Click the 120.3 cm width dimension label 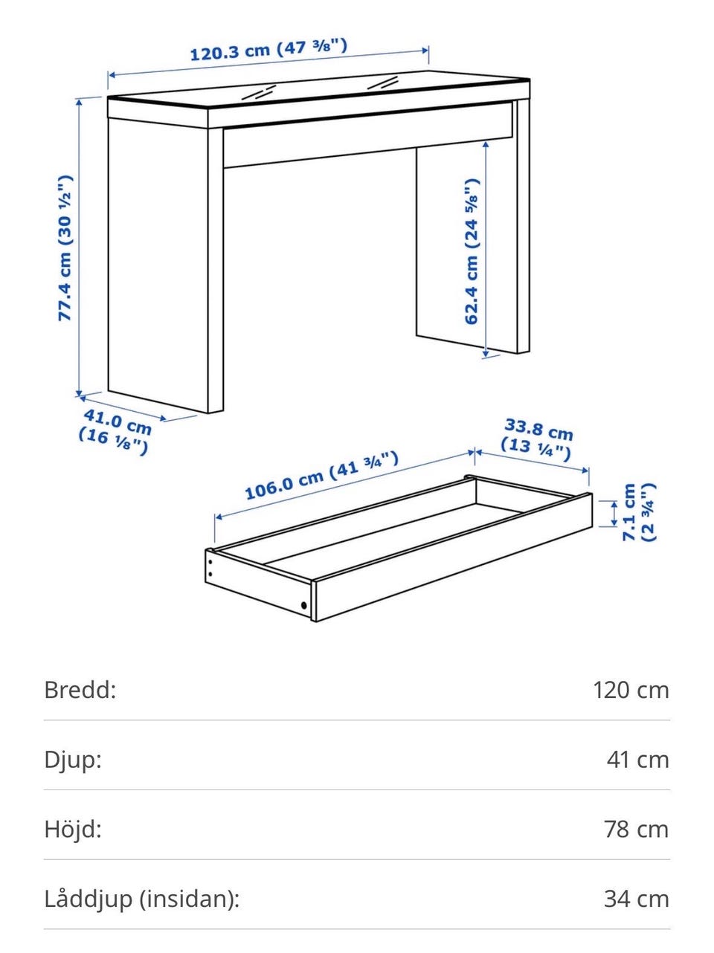tap(268, 50)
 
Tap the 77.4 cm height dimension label tap(65, 248)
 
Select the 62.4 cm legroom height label tap(472, 251)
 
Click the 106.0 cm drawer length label tap(321, 475)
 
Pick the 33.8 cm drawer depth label tap(536, 439)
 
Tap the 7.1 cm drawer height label tap(638, 512)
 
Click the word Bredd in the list tap(80, 690)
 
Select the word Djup tap(73, 760)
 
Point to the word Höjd tap(73, 829)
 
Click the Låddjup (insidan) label tap(142, 899)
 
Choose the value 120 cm tap(631, 691)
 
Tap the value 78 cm tap(636, 830)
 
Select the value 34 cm tap(636, 899)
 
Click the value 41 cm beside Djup tap(637, 760)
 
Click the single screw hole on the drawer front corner tap(303, 605)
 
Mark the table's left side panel tap(158, 265)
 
